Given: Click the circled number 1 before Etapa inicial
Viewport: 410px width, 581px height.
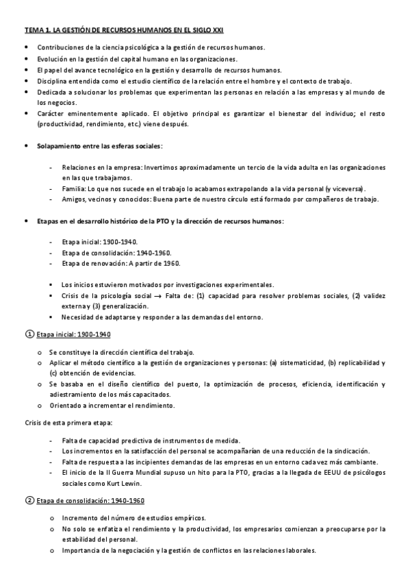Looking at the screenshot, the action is [29, 334].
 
